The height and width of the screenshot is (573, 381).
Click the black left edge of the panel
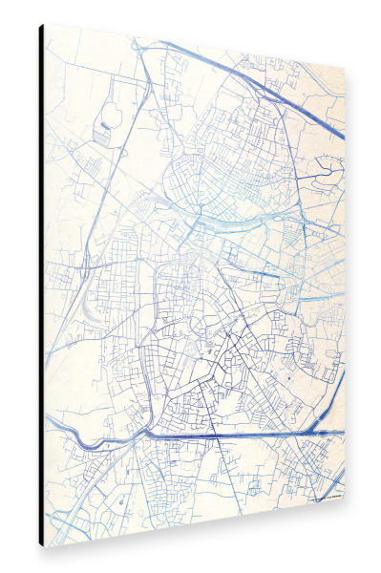pyautogui.click(x=41, y=286)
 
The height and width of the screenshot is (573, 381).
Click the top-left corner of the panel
pyautogui.click(x=42, y=24)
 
